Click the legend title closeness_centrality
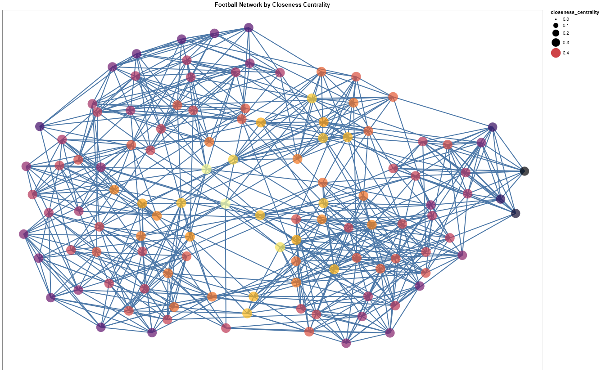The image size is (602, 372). [575, 12]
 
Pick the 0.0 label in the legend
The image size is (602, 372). [566, 19]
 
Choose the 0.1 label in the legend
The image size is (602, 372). [566, 26]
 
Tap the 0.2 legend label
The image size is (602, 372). [566, 33]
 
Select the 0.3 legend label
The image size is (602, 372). [566, 43]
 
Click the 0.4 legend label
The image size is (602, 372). [566, 53]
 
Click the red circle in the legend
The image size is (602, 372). [556, 53]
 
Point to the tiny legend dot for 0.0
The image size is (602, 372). [556, 19]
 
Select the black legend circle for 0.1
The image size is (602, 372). [556, 26]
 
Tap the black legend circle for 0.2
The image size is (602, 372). [556, 33]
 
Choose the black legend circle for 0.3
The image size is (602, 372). [556, 42]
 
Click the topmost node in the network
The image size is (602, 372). [249, 27]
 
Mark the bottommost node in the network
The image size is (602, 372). [346, 343]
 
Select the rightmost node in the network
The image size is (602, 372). [525, 171]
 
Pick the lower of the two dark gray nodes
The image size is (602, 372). [516, 213]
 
